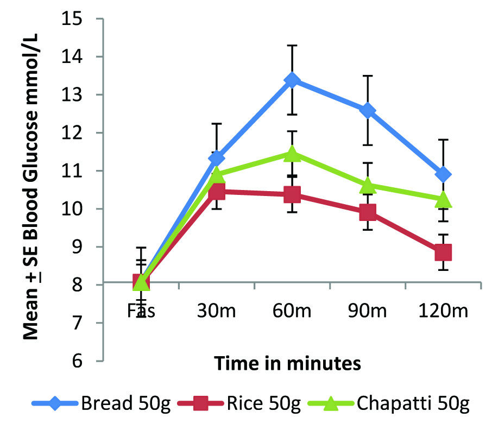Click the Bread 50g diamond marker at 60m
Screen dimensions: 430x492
(x=292, y=80)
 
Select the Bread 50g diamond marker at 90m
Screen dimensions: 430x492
(x=368, y=111)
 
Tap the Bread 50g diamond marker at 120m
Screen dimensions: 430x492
(x=443, y=174)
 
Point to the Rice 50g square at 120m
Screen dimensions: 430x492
(x=443, y=252)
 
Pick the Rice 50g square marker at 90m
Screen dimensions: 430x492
(x=368, y=212)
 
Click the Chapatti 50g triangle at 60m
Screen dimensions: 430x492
(x=292, y=154)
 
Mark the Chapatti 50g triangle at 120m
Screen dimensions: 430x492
(x=443, y=199)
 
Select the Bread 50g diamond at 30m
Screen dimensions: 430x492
(x=217, y=158)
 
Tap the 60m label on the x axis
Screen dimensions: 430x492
(x=292, y=311)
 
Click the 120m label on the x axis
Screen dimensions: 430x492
(x=443, y=311)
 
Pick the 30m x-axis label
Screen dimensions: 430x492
(x=217, y=311)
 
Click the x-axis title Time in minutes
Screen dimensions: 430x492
(x=287, y=363)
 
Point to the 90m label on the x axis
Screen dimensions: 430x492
(x=368, y=311)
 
